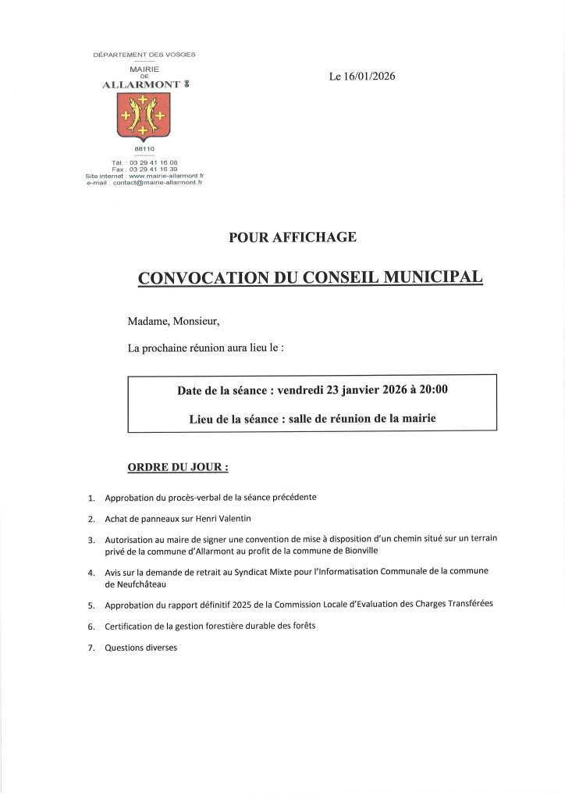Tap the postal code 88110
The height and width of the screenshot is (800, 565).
pos(144,148)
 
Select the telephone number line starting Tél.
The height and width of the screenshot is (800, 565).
pos(144,162)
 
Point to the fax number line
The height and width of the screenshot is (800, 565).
pos(144,169)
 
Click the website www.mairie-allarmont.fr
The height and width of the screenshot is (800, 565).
pos(165,176)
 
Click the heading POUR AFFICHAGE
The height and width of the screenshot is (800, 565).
pos(293,237)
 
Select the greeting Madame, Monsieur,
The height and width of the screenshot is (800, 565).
pos(173,321)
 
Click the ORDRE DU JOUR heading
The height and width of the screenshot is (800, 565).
pos(178,468)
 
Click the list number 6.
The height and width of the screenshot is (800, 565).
pos(91,627)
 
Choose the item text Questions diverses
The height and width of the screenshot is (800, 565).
pos(141,647)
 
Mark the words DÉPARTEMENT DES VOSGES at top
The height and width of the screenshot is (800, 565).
pos(144,55)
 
